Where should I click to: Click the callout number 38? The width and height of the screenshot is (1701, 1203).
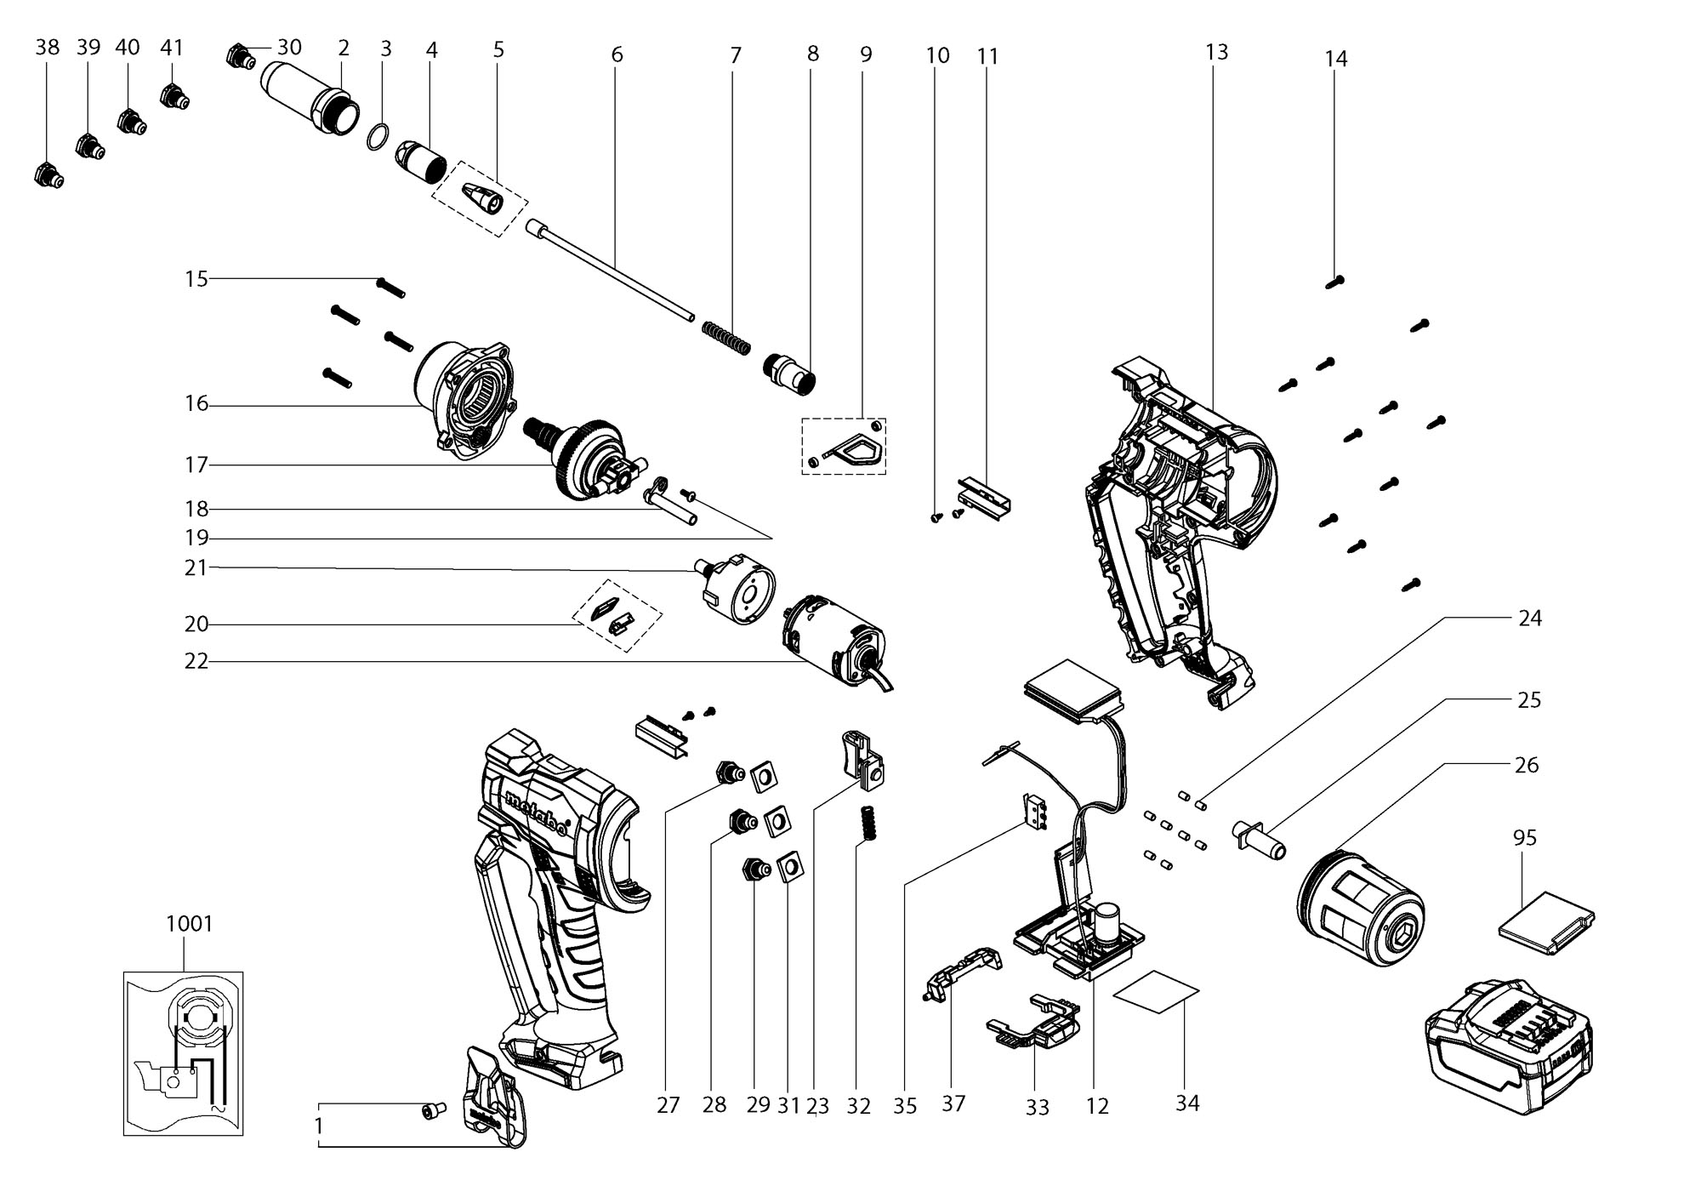[x=48, y=47]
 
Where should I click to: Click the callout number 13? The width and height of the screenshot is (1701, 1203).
[x=1217, y=52]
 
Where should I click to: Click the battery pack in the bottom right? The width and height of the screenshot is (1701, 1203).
[x=1508, y=1045]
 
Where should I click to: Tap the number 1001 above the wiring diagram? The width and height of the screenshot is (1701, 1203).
[x=190, y=923]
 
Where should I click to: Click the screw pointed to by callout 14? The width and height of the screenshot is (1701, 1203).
[x=1334, y=282]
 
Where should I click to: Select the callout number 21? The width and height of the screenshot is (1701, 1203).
[x=196, y=567]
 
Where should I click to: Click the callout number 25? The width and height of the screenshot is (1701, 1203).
[x=1529, y=700]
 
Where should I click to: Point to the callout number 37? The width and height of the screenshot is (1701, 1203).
[x=953, y=1103]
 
